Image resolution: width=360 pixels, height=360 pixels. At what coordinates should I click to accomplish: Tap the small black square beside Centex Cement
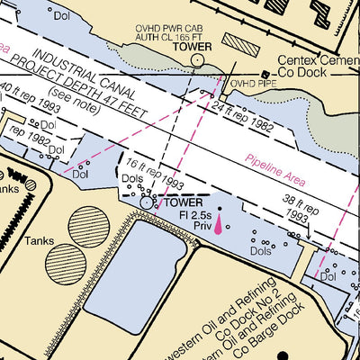tap(265, 74)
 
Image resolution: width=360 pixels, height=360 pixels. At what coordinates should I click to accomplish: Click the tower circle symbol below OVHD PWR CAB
tap(197, 60)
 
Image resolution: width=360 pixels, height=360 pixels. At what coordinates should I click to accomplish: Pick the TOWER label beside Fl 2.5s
tap(184, 203)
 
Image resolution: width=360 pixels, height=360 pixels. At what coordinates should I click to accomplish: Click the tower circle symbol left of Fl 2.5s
tap(148, 203)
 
